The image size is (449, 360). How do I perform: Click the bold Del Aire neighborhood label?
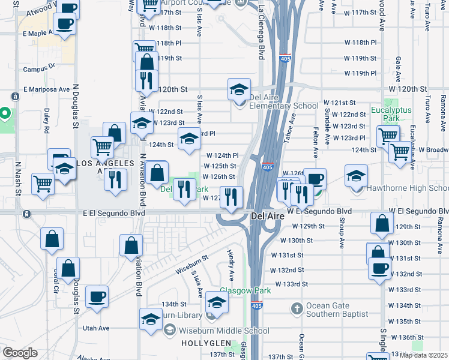point(266,215)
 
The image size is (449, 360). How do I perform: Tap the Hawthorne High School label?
point(408,188)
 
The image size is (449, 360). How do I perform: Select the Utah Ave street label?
point(96,328)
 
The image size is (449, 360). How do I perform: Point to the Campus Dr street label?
point(39,69)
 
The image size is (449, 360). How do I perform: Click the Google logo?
point(19,353)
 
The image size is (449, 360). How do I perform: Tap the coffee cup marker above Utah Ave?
point(97,295)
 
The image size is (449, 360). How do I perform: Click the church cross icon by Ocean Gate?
point(296,309)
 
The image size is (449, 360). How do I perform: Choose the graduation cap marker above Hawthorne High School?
point(356,175)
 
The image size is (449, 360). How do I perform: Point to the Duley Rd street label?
point(47,120)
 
